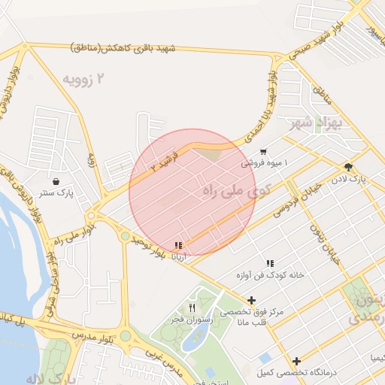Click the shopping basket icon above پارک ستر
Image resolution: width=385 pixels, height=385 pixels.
[57, 180]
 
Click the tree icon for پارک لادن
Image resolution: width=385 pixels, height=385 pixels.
[348, 167]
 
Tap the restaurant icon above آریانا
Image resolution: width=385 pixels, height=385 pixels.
[178, 245]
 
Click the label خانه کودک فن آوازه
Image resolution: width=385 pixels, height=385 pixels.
[269, 275]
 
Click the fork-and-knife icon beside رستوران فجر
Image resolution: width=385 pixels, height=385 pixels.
[192, 308]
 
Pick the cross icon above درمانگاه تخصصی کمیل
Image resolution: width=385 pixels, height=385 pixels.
[297, 361]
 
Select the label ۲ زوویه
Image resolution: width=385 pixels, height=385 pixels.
[83, 79]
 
